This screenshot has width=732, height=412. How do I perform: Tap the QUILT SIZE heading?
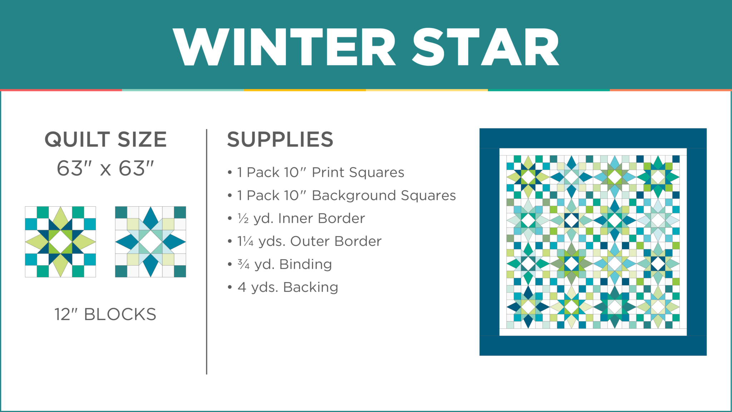click(x=105, y=139)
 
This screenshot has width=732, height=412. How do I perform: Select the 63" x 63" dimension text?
click(x=105, y=168)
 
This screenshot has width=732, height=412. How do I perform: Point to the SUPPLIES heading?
click(x=280, y=139)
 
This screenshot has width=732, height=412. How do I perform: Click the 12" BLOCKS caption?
click(x=105, y=314)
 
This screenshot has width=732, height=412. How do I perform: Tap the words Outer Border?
click(x=336, y=241)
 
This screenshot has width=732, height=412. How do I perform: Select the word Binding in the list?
click(x=306, y=264)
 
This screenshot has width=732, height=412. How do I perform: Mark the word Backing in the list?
click(x=311, y=287)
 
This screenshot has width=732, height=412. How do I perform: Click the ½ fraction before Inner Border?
click(x=243, y=218)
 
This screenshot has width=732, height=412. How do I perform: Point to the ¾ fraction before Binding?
click(x=243, y=264)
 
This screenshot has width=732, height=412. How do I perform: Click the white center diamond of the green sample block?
click(x=60, y=242)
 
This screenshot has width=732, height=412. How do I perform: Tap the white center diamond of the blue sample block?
click(x=150, y=242)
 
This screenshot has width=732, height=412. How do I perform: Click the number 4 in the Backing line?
click(x=242, y=287)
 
